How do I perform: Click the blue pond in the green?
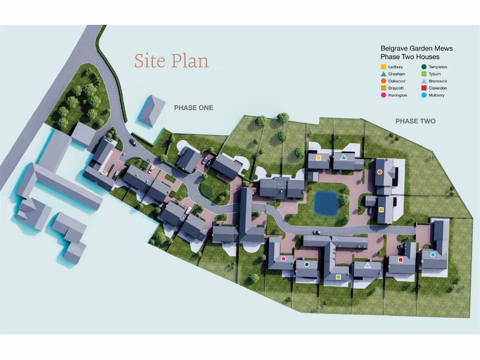point(326,203)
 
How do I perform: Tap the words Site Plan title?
point(172,61)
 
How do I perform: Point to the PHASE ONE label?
point(194,108)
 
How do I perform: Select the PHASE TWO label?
point(415,121)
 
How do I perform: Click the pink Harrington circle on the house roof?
point(284,258)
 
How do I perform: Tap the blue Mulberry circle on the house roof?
point(433,255)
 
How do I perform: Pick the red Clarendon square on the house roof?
point(400,260)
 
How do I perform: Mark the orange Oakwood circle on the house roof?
point(380,172)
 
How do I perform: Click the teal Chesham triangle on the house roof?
point(344,157)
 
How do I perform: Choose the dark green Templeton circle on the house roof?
point(307,264)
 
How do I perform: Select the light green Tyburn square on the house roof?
point(338,277)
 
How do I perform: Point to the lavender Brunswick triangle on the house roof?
point(367,265)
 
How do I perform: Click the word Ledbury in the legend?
point(395,67)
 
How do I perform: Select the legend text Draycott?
point(396,88)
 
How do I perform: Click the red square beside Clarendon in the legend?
point(424,88)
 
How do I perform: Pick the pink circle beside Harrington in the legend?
point(383,95)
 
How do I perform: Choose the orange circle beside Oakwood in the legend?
point(383,81)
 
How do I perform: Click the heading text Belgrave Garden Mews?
point(416,48)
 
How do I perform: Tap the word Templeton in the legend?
point(438,67)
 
